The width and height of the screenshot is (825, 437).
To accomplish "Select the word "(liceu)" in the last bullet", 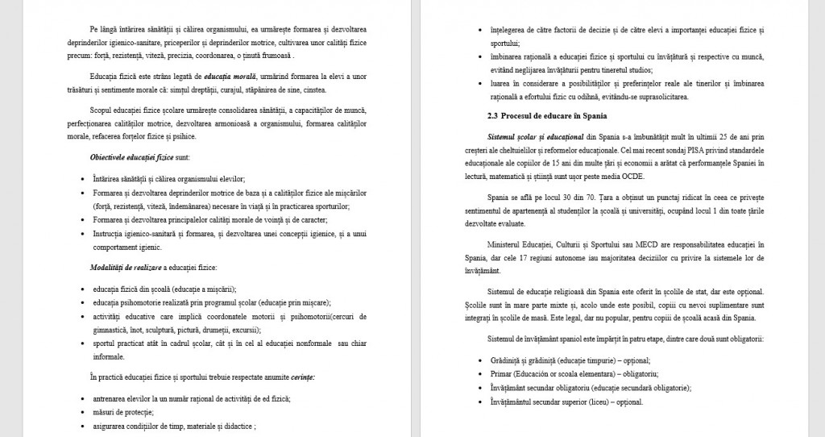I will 599,400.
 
